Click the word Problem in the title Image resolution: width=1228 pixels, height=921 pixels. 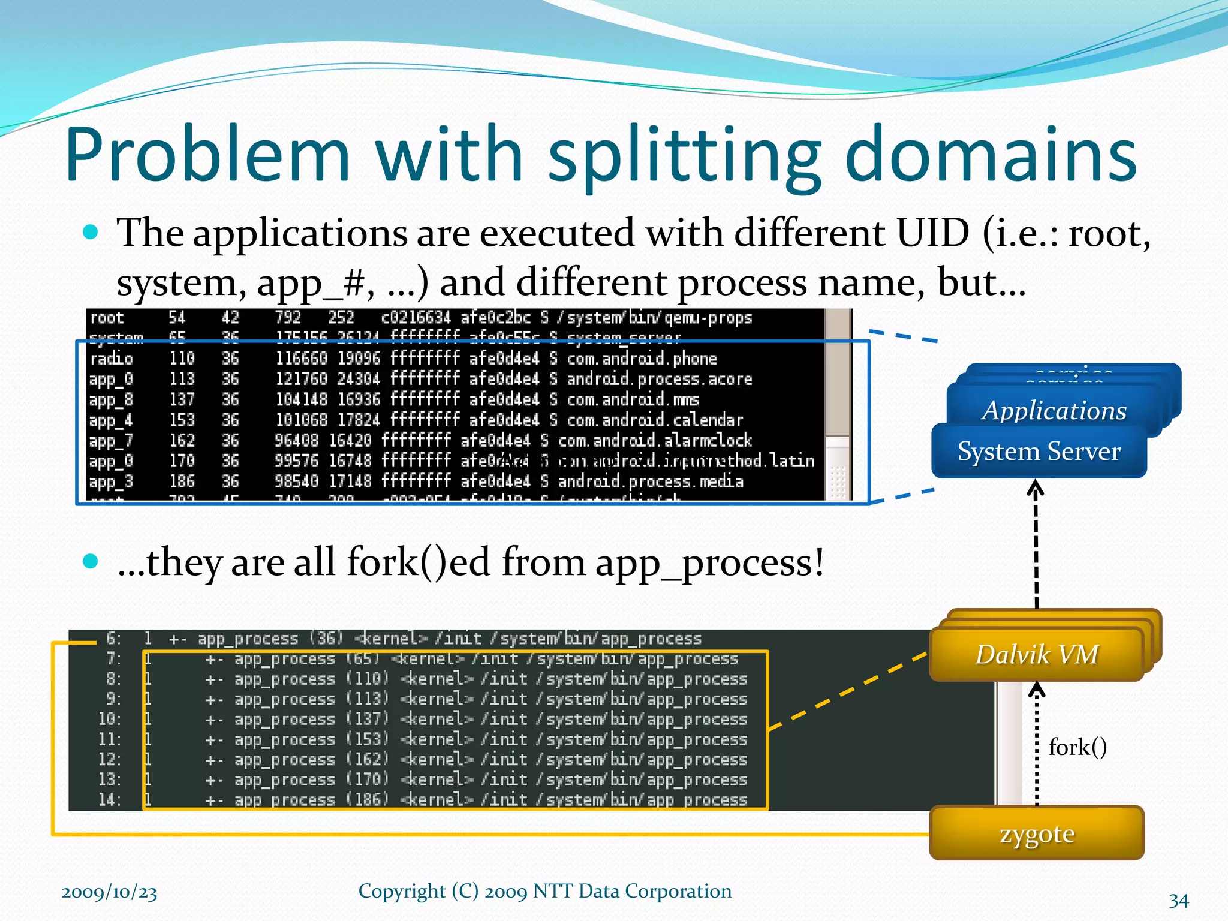point(207,155)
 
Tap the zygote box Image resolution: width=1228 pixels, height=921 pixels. point(1037,833)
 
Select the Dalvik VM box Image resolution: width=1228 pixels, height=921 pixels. point(1037,654)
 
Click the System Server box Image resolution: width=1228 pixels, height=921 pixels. point(1039,452)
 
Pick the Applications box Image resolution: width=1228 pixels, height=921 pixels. point(1054,411)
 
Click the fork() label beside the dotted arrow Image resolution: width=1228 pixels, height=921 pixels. point(1077,747)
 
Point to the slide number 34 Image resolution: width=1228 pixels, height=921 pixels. point(1178,900)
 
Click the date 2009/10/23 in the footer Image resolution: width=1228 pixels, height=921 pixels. point(109,892)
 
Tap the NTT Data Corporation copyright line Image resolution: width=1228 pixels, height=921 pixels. point(544,891)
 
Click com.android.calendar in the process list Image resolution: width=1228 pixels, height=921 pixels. point(654,420)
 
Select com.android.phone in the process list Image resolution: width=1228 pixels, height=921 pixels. point(642,359)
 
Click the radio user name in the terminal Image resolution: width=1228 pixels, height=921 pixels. point(111,359)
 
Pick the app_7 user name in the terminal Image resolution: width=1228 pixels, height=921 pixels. point(110,441)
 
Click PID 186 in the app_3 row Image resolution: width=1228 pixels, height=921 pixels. point(182,481)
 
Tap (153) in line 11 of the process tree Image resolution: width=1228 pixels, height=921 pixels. point(368,739)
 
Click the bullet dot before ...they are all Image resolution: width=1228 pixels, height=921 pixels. point(91,561)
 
